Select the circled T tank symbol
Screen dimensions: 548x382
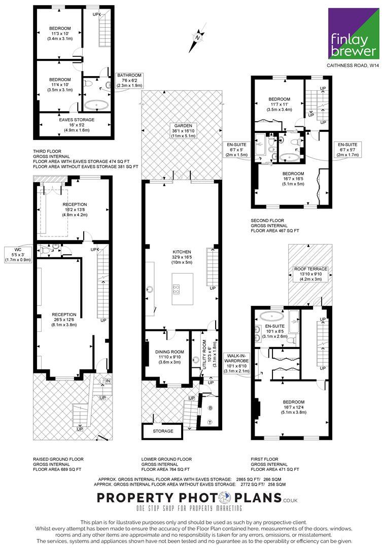coord(210,422)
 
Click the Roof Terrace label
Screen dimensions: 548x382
coord(310,269)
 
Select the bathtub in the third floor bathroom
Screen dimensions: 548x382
coord(96,105)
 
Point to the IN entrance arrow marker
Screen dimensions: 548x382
coord(107,380)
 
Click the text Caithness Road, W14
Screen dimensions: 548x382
coord(352,65)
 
